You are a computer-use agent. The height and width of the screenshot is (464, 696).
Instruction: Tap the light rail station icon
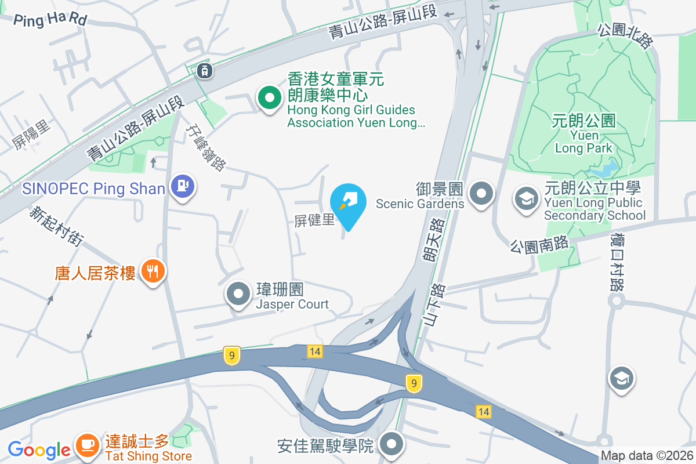204,71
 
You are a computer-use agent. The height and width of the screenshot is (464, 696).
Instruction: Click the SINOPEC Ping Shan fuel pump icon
183,187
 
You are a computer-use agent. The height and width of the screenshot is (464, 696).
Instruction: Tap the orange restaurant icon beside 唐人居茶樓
153,271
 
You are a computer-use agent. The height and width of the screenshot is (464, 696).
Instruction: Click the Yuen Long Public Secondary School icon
526,199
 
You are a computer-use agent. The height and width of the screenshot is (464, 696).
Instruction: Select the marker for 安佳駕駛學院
391,445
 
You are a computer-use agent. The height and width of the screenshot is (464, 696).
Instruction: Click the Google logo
39,449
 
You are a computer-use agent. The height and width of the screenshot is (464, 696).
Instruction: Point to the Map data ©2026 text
647,456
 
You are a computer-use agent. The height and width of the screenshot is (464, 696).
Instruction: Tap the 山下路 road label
434,304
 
